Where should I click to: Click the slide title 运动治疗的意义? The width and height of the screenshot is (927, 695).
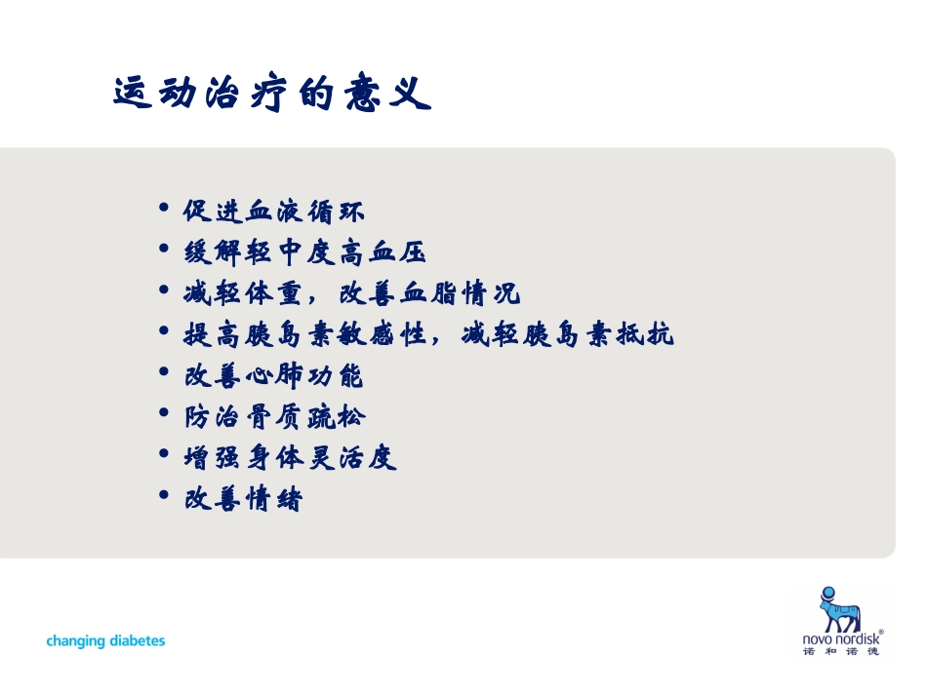pyautogui.click(x=271, y=95)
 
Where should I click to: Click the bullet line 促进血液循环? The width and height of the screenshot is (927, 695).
pyautogui.click(x=274, y=211)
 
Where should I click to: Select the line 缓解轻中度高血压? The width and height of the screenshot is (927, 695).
pyautogui.click(x=305, y=252)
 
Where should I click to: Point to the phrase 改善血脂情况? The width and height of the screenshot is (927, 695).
pyautogui.click(x=429, y=293)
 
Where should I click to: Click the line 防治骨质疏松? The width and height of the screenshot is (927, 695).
pyautogui.click(x=274, y=418)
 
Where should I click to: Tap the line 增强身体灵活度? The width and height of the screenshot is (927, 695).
pyautogui.click(x=290, y=458)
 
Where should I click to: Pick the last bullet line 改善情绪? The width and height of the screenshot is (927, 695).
pyautogui.click(x=243, y=500)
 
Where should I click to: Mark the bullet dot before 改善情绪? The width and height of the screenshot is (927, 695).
pyautogui.click(x=163, y=497)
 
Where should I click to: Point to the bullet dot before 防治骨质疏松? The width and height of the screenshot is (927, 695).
pyautogui.click(x=163, y=414)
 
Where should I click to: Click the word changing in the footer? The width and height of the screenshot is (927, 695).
pyautogui.click(x=77, y=641)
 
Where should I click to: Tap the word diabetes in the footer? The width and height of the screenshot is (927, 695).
pyautogui.click(x=138, y=640)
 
